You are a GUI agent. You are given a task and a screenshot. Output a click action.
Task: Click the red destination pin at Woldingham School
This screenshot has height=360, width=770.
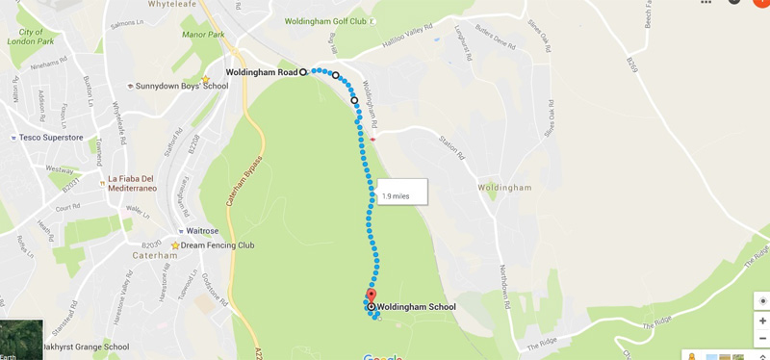[x=372, y=296]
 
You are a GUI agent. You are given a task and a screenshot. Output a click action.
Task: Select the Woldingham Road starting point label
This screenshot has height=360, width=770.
[x=262, y=72]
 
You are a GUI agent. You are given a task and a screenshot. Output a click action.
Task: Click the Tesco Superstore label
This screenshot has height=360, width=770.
[x=52, y=138]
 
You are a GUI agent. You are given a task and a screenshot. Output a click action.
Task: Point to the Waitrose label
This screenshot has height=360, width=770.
[x=201, y=231]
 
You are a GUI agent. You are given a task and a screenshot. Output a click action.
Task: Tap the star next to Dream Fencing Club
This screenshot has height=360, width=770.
[x=175, y=245]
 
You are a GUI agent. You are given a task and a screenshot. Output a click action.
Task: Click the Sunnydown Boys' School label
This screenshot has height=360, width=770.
[x=181, y=86]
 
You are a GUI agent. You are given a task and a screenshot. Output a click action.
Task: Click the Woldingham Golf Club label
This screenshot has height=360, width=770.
[x=325, y=21]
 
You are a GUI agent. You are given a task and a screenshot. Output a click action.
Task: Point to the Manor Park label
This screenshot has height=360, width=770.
[x=202, y=34]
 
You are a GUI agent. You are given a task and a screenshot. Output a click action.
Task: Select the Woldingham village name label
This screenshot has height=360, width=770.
[x=504, y=188]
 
